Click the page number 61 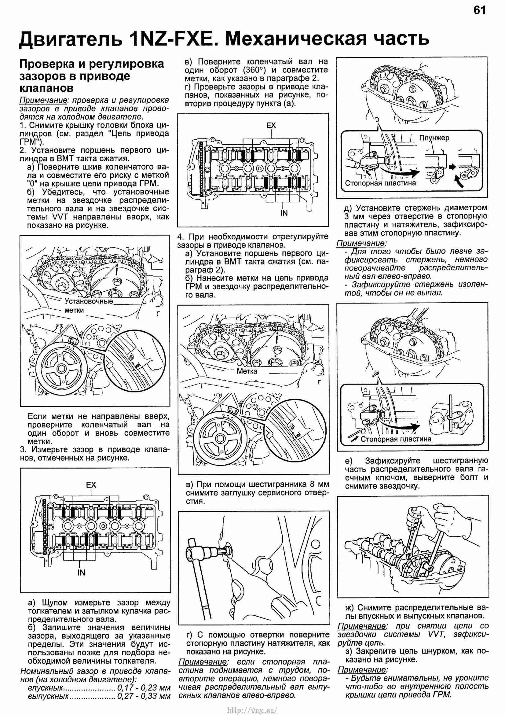click(479, 11)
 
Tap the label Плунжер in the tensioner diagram click(434, 138)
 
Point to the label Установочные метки click(88, 305)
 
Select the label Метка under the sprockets click(247, 371)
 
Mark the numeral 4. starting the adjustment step click(181, 237)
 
